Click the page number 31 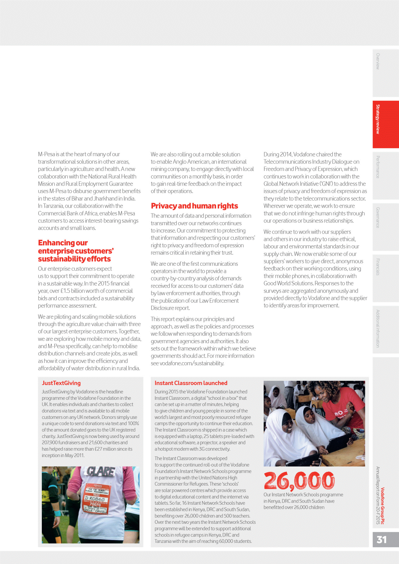382,540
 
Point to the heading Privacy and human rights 194,206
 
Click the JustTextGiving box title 61,383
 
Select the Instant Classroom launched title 191,383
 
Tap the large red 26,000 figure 299,481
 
